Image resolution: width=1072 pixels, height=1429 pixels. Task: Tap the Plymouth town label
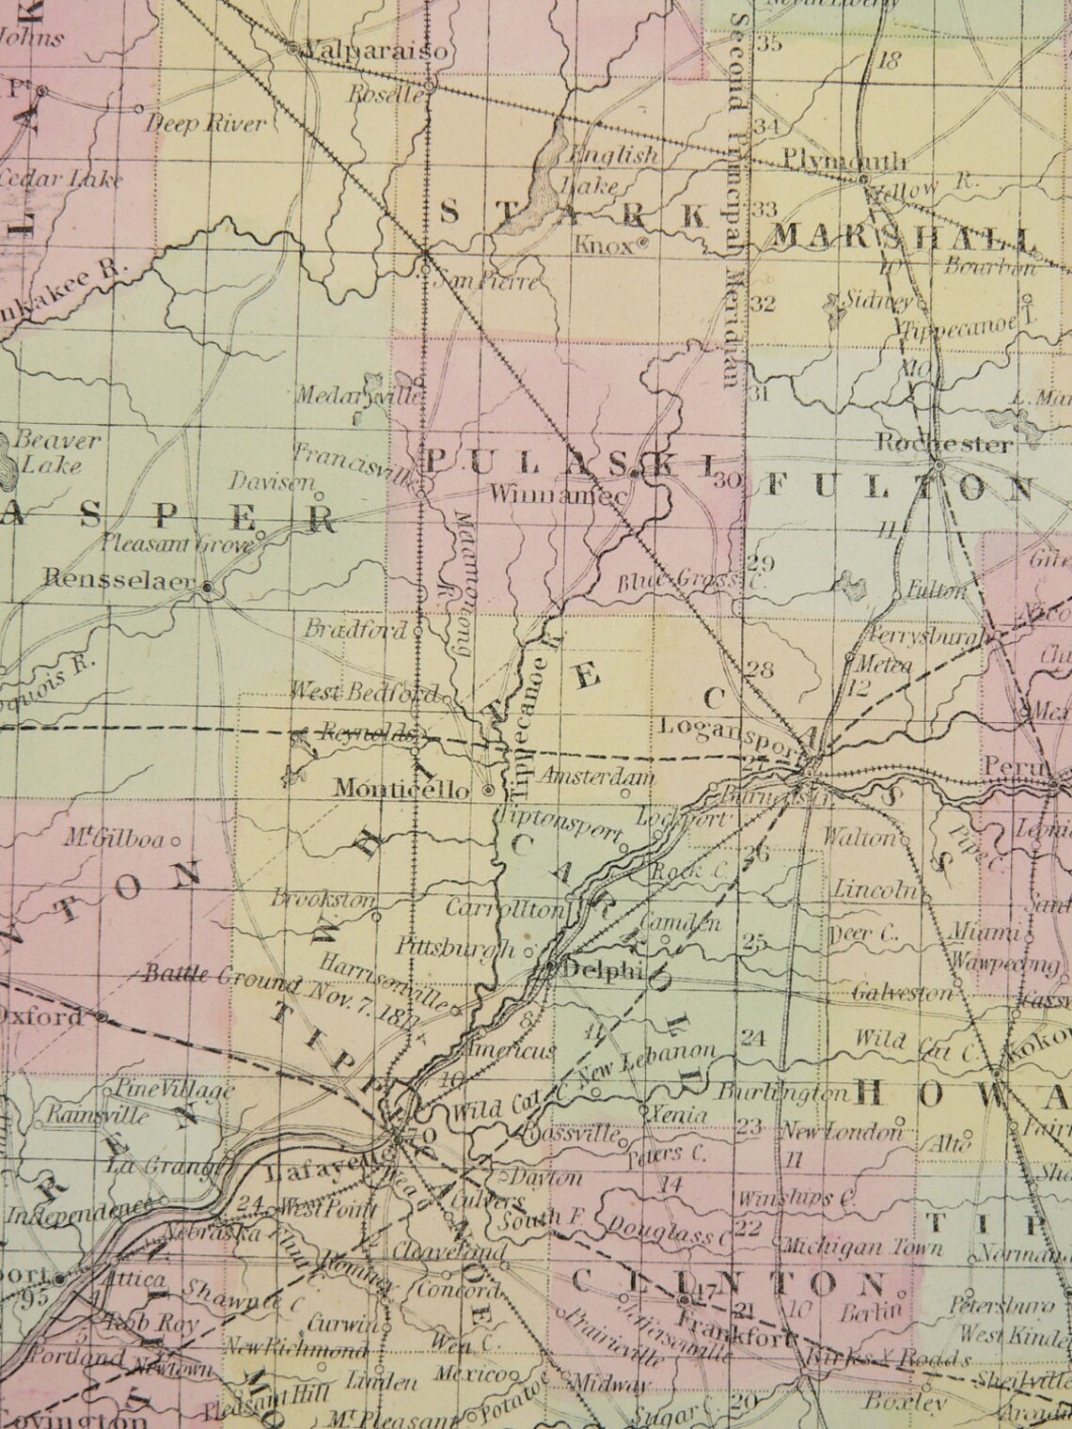click(843, 161)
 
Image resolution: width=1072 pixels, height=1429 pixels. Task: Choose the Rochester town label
click(944, 444)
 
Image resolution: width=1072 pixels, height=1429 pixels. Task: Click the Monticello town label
click(402, 790)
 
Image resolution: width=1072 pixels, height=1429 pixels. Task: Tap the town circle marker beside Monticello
click(488, 791)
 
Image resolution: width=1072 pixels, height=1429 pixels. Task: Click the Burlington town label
click(782, 1093)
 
